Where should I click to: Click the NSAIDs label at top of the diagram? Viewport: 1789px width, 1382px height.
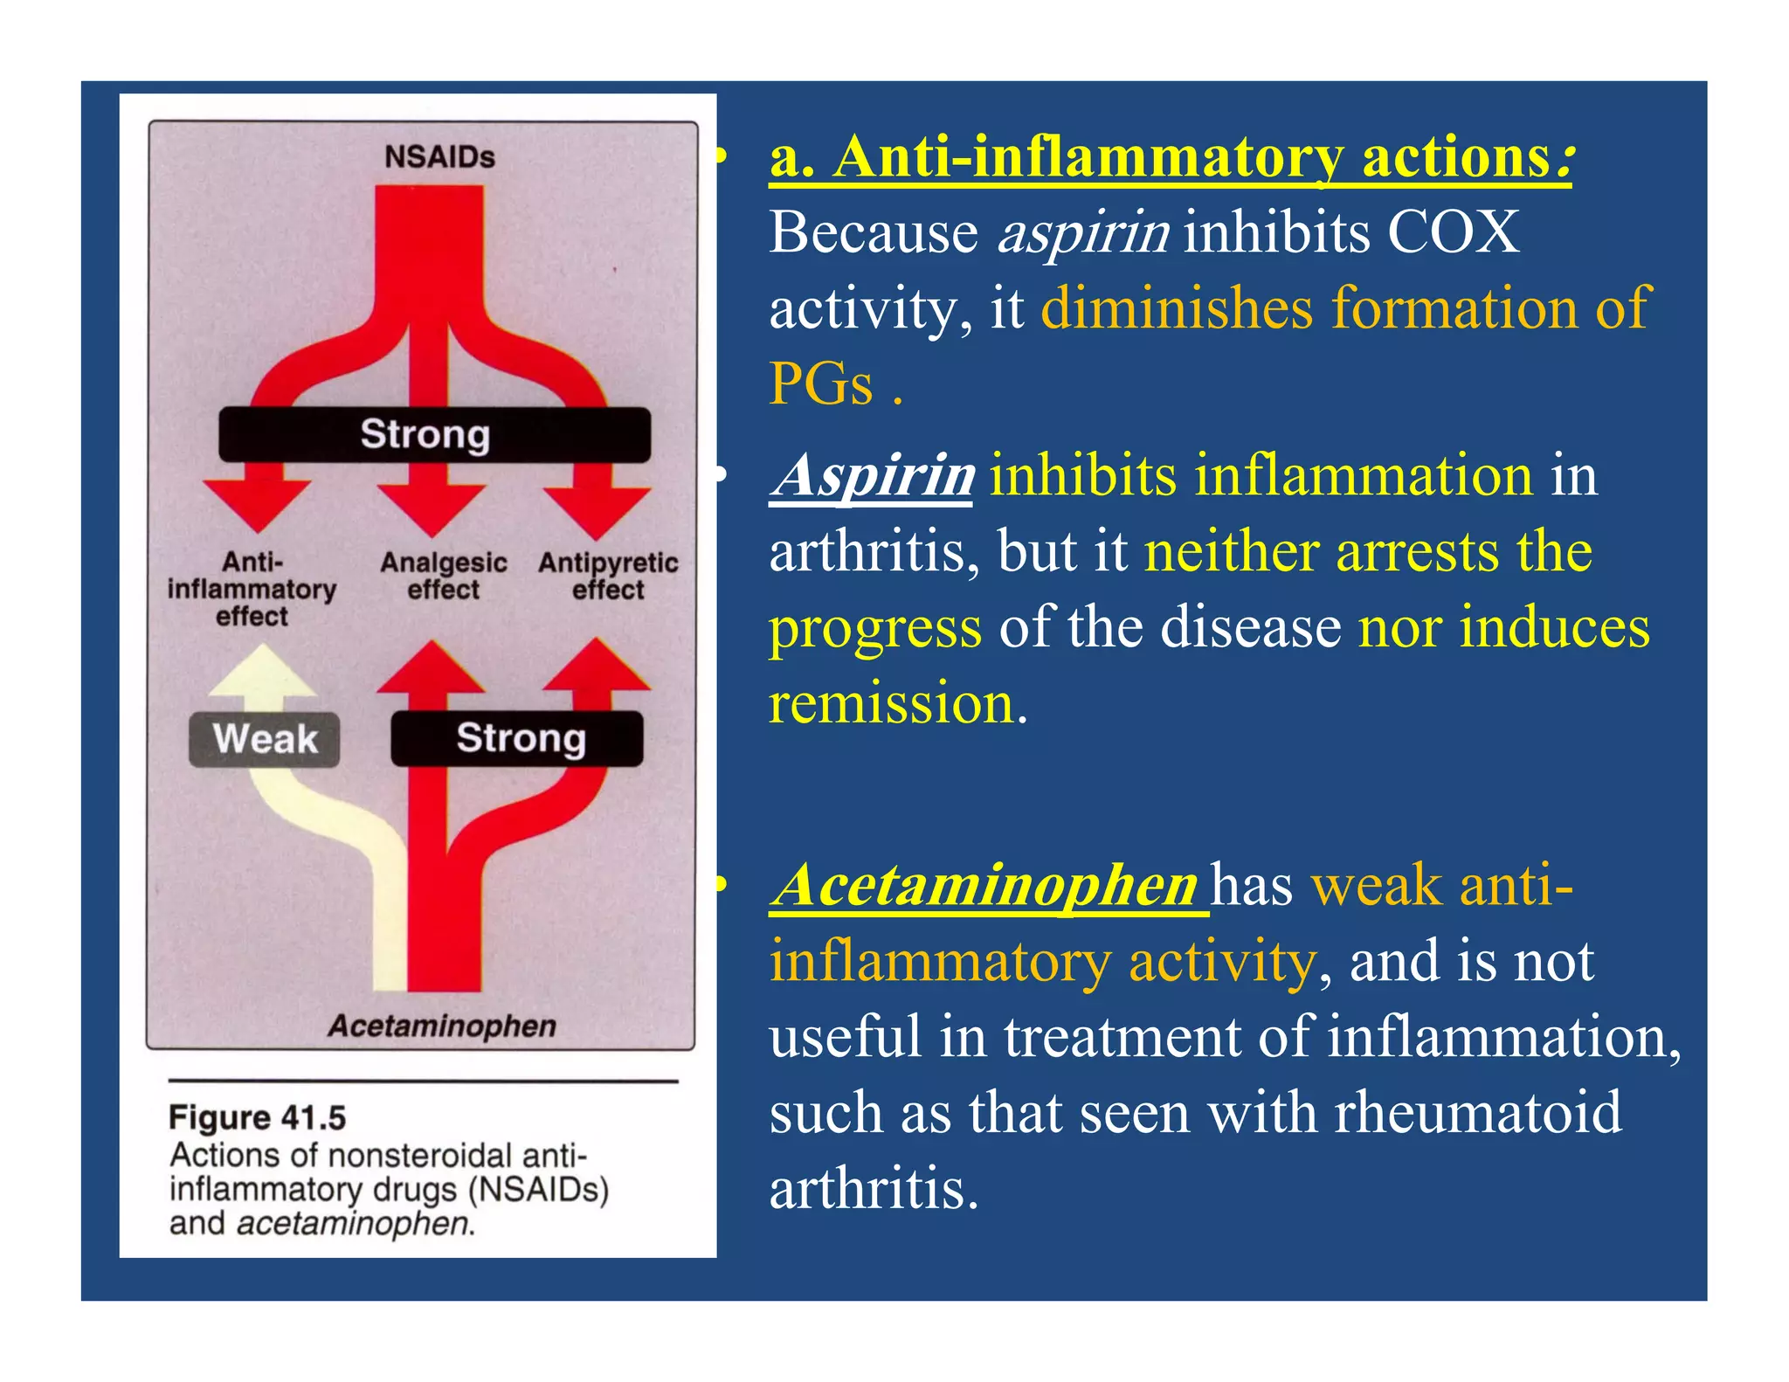(x=439, y=157)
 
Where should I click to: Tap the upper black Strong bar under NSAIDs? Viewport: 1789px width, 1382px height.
(x=433, y=434)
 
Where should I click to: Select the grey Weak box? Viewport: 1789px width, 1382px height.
(x=265, y=739)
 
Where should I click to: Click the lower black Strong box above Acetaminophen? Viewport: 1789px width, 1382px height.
(x=517, y=739)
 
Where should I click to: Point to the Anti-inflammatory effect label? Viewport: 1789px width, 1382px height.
(x=252, y=590)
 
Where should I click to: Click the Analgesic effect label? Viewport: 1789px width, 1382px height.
(x=444, y=576)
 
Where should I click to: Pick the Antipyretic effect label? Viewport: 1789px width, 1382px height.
(x=608, y=576)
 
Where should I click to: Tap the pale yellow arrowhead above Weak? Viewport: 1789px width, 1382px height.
(x=262, y=673)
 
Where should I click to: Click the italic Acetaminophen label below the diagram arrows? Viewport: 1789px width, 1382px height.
(x=442, y=1026)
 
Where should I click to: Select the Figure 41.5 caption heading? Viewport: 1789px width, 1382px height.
(x=258, y=1117)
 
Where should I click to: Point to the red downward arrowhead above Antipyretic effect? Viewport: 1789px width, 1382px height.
(x=597, y=511)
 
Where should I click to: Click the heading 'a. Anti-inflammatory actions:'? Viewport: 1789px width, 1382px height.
(x=1170, y=158)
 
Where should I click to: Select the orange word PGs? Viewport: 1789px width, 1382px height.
(x=821, y=384)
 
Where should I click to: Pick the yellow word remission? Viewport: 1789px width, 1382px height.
(x=892, y=703)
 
